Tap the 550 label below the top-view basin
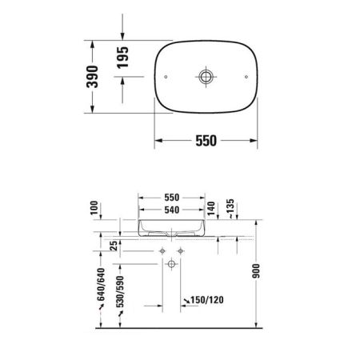click(206, 140)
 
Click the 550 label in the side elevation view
click(172, 196)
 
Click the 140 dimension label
click(212, 210)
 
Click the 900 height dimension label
click(257, 273)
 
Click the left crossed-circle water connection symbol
click(162, 252)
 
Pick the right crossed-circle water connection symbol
click(181, 252)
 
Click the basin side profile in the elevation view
click(172, 226)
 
